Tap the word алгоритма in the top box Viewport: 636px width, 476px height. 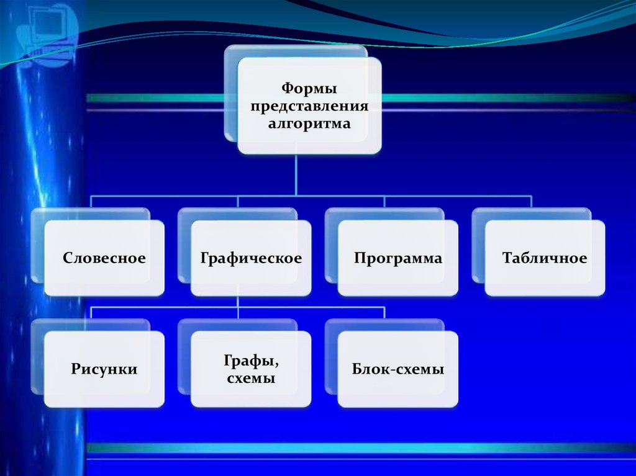tap(309, 123)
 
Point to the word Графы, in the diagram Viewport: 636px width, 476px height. tap(251, 361)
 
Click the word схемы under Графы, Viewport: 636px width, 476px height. tap(251, 377)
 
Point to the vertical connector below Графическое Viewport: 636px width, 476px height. tap(238, 302)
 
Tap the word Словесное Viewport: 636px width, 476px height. tap(104, 258)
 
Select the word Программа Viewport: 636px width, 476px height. tap(398, 258)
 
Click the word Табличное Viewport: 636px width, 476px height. tap(545, 258)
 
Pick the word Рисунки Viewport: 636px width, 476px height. tap(104, 370)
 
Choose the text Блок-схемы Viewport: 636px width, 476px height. tap(398, 370)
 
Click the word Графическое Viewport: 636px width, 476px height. tap(251, 258)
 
